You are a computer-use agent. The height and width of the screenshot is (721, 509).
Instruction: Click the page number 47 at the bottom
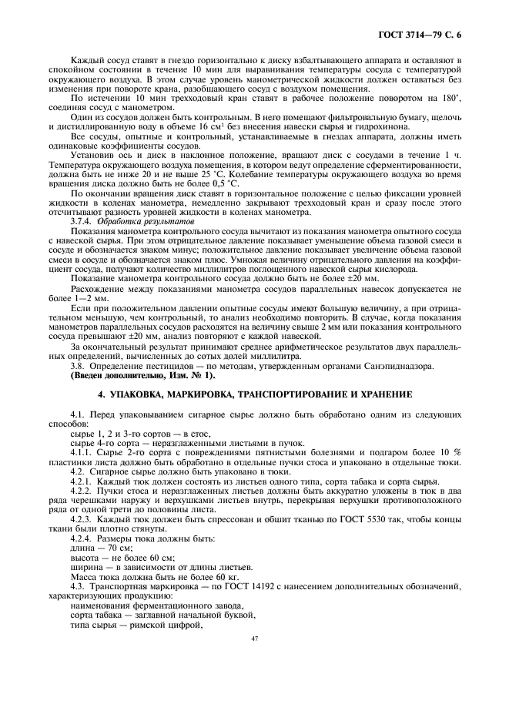pyautogui.click(x=254, y=639)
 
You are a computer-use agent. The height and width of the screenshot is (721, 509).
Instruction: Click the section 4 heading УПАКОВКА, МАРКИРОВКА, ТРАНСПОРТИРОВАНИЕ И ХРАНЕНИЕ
pyautogui.click(x=254, y=395)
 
